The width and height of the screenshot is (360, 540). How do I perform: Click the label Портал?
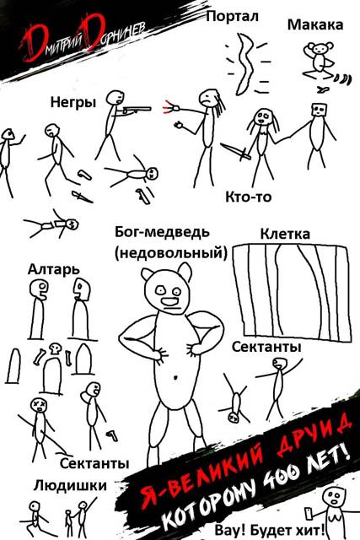tap(232, 16)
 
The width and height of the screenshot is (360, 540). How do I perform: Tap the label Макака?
tap(315, 24)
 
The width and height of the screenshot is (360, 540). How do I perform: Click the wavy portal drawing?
tap(246, 64)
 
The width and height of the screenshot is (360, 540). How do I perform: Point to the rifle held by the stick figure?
tap(137, 110)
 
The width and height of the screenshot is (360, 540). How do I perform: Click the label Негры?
tap(73, 102)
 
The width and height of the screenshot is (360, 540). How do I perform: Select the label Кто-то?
tap(248, 197)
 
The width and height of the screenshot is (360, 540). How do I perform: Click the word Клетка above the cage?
tap(285, 234)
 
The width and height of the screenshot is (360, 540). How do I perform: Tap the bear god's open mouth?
tap(170, 302)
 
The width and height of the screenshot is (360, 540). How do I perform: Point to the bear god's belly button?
tap(176, 377)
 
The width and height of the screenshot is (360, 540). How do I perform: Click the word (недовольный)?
tap(171, 253)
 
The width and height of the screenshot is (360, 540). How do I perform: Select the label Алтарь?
tap(53, 269)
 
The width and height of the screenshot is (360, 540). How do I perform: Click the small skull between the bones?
tap(54, 348)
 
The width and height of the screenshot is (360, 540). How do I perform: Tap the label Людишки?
tap(70, 486)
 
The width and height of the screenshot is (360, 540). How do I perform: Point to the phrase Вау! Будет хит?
tap(270, 530)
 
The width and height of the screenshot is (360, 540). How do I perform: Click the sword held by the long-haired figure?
tap(236, 152)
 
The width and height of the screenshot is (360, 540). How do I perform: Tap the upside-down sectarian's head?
tap(234, 417)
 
